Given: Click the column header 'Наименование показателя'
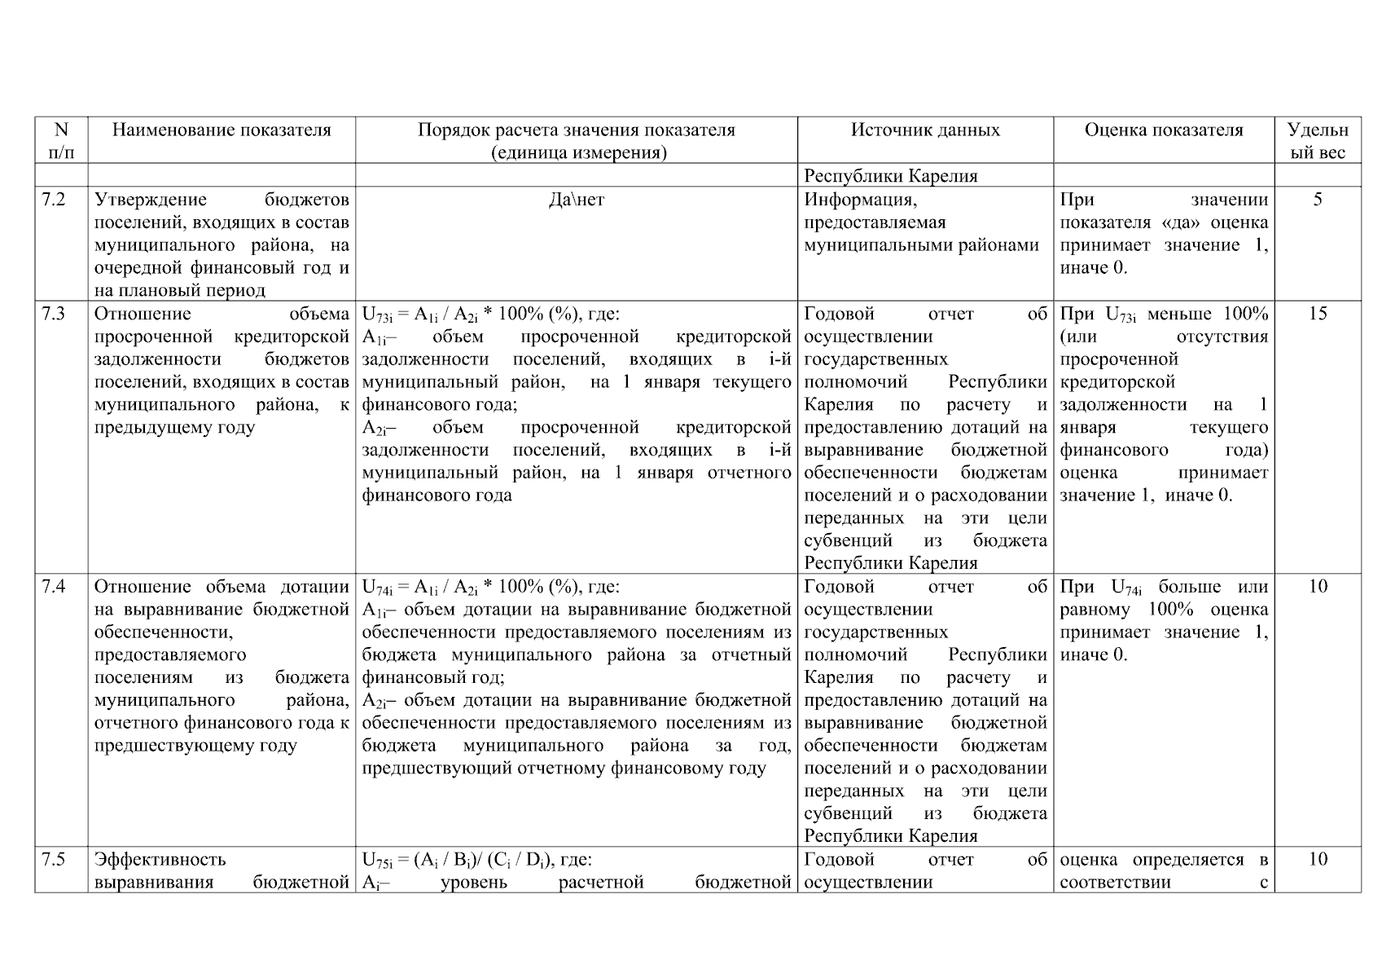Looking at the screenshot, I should point(222,130).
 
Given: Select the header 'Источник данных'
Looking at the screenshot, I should point(925,130).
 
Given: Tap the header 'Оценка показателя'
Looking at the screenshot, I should point(1163,130).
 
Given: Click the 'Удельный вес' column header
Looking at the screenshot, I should point(1317,141).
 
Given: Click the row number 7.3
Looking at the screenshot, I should point(54,315).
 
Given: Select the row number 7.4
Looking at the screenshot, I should point(54,587).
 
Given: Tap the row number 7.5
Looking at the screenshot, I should point(54,860).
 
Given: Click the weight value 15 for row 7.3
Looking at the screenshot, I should point(1317,315).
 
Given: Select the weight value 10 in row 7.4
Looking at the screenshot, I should point(1317,587).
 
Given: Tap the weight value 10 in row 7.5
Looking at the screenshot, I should point(1317,860).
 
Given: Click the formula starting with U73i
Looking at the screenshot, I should point(490,315).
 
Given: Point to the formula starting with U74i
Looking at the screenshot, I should point(490,587).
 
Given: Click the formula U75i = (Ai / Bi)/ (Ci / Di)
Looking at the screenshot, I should point(476,860).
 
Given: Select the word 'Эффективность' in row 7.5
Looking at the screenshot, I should point(160,860).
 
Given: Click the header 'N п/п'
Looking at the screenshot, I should point(61,141).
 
